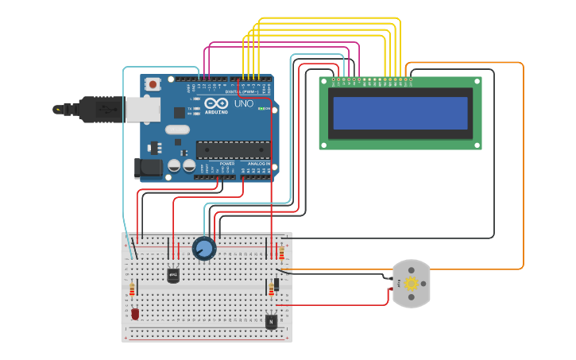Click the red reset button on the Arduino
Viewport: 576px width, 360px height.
point(153,83)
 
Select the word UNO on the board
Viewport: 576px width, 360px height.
point(243,104)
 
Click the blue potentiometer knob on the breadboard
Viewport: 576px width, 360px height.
point(204,249)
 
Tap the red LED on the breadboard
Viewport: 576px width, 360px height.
point(135,314)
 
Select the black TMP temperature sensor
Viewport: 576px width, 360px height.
point(173,275)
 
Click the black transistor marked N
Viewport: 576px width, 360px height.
point(271,321)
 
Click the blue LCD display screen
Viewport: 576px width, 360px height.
point(400,113)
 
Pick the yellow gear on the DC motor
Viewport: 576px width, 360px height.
point(412,284)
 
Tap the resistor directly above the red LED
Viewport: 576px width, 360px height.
point(132,291)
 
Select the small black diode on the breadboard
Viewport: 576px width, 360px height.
point(276,284)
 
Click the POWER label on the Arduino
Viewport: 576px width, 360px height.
point(216,164)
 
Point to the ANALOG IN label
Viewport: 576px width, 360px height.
point(258,164)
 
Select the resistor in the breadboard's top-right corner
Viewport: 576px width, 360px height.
point(281,253)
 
